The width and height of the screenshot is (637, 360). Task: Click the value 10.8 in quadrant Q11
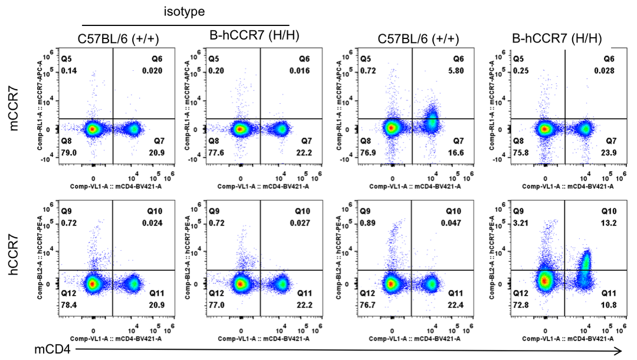608,305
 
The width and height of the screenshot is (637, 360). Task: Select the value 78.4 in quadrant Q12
71,305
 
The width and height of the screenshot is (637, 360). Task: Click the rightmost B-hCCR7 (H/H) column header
557,39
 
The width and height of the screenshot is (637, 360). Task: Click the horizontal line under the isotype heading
185,25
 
